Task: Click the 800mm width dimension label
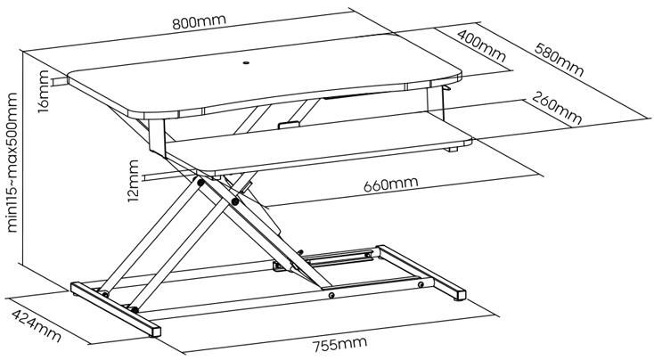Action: pos(200,21)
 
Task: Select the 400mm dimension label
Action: pos(481,45)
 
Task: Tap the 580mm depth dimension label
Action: pos(559,60)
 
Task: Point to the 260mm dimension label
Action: pos(556,109)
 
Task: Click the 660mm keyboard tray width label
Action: pos(390,184)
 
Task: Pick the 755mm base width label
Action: pos(340,344)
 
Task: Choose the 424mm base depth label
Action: pos(37,325)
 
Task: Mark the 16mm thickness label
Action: pos(44,92)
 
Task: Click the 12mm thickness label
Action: pos(134,181)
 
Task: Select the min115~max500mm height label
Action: pos(12,163)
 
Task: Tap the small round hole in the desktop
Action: pos(246,63)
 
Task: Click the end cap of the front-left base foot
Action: pos(156,331)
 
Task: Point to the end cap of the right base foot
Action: pos(461,295)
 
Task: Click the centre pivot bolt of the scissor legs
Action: pos(235,202)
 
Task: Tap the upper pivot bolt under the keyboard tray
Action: pos(200,183)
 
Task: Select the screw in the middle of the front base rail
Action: pos(331,295)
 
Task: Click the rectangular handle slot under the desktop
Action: pos(289,125)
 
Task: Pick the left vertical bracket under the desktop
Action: pos(157,136)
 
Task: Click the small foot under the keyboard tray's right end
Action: pos(452,149)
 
